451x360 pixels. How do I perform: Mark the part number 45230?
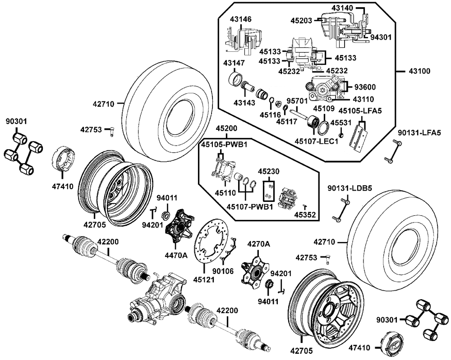click(x=269, y=171)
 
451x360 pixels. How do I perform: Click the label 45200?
click(x=226, y=128)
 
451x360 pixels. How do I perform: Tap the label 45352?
click(x=305, y=214)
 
